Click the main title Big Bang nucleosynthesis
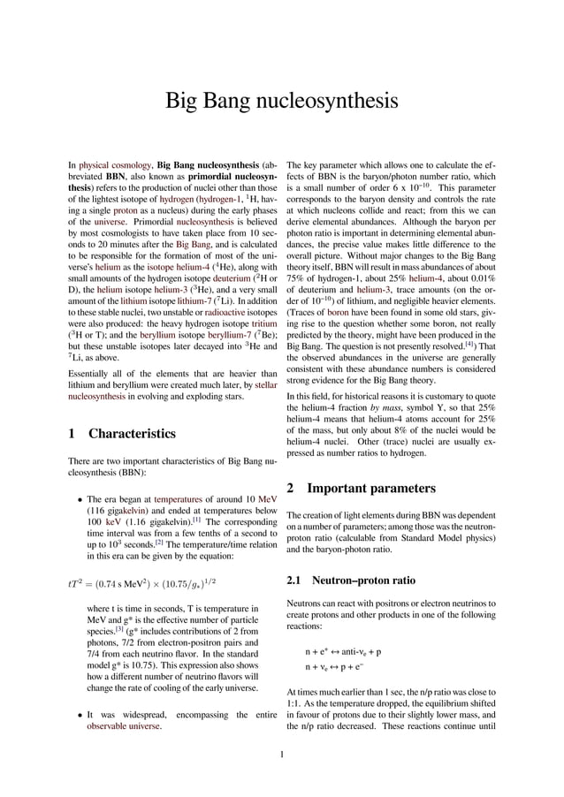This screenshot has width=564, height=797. tap(282, 102)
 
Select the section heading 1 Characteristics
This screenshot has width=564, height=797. tap(122, 434)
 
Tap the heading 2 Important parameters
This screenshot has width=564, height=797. tap(362, 488)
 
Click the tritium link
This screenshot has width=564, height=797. tap(265, 323)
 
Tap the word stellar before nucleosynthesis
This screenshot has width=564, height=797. tap(265, 386)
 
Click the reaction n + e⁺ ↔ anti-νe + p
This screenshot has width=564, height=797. tap(343, 652)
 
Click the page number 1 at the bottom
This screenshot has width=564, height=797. tap(281, 754)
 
